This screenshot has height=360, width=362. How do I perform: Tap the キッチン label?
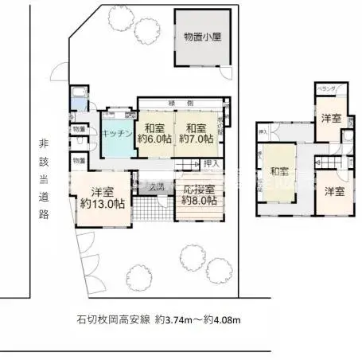(x=115, y=134)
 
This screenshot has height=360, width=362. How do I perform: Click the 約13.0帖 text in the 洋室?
(x=101, y=204)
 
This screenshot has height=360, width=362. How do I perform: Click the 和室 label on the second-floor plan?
(x=278, y=170)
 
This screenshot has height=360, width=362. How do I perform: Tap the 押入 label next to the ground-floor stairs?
(x=209, y=163)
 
